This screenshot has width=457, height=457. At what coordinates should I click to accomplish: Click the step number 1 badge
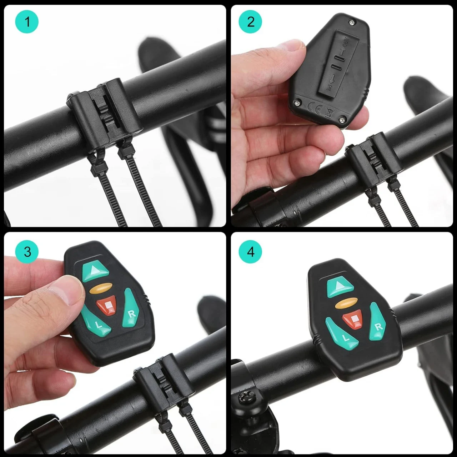click(27, 22)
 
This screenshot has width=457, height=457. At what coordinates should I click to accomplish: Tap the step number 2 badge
click(251, 22)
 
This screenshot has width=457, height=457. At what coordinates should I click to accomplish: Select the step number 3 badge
click(27, 252)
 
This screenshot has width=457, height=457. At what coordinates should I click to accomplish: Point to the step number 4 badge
click(251, 252)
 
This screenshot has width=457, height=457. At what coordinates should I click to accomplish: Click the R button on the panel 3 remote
click(130, 309)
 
